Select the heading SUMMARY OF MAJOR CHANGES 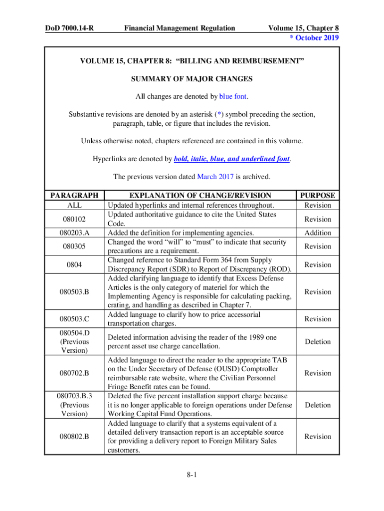coord(192,79)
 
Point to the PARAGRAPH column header coord(74,196)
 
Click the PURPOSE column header coord(318,196)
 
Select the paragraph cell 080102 coord(74,219)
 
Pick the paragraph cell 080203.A coord(74,233)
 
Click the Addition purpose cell coord(318,233)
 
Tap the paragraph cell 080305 coord(74,246)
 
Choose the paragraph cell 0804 coord(74,264)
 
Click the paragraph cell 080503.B coord(74,292)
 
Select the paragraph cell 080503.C coord(74,319)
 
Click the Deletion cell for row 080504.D coord(318,342)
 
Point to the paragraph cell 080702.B coord(74,373)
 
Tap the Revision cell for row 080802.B coord(318,437)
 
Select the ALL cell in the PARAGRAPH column coord(74,205)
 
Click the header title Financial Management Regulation coord(180,28)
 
